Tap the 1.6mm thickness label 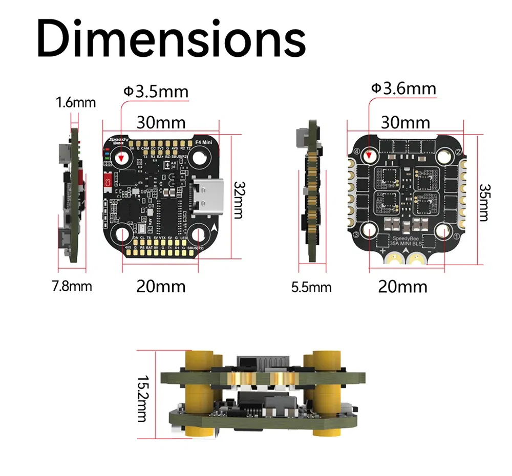click(76, 103)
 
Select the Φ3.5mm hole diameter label click(156, 92)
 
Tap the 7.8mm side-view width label click(72, 286)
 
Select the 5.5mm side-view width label click(311, 287)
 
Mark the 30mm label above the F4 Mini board click(161, 123)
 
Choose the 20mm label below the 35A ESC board click(402, 287)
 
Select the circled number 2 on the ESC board click(455, 152)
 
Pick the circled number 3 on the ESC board click(355, 234)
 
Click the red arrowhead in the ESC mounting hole click(370, 155)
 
